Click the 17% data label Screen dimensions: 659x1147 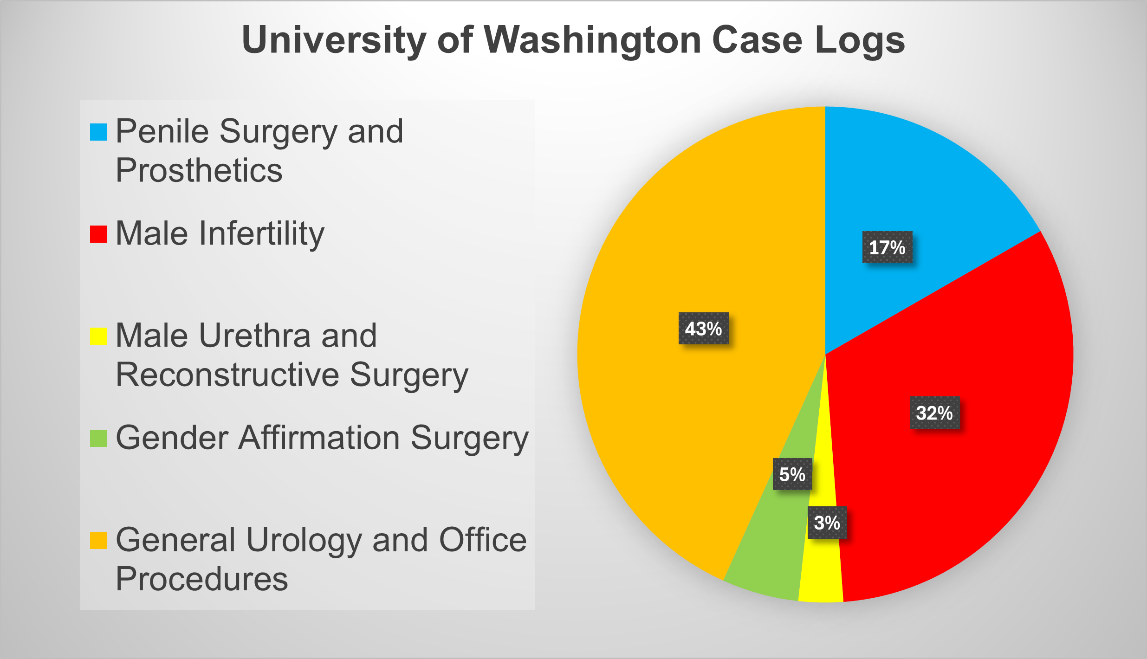[887, 247]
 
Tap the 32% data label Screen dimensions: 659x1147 [934, 413]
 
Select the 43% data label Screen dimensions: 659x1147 [703, 329]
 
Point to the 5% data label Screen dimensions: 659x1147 [792, 474]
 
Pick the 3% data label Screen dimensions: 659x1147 [827, 523]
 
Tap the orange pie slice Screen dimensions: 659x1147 [673, 418]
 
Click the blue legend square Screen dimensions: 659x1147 [98, 132]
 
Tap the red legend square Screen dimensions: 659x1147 [98, 234]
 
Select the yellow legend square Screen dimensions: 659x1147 [98, 336]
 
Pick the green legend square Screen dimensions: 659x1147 [98, 438]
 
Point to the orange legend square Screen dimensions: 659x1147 [98, 540]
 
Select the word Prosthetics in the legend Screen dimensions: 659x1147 [199, 170]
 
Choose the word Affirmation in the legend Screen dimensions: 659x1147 [319, 438]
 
